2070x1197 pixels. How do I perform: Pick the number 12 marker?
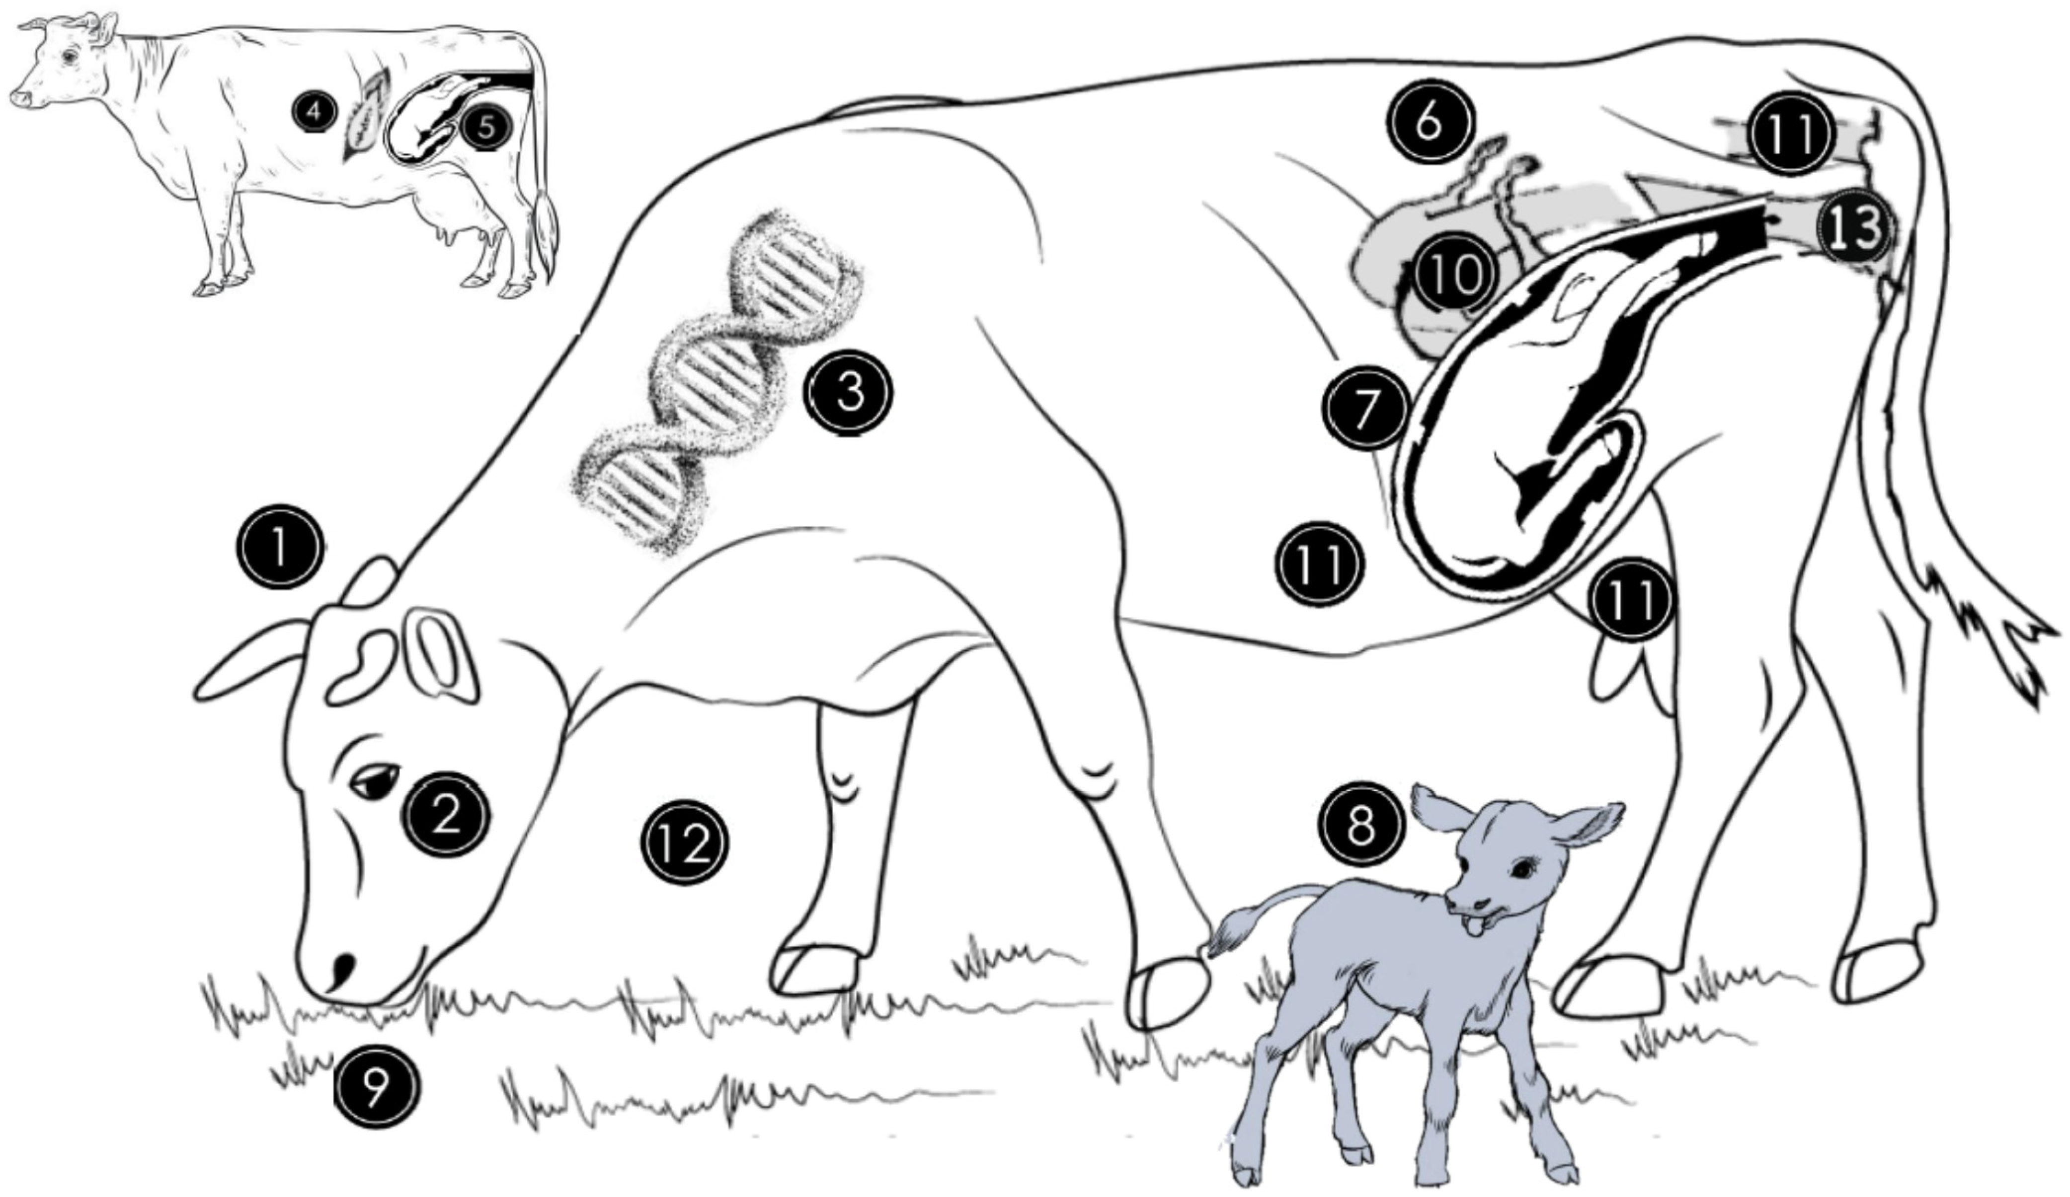684,843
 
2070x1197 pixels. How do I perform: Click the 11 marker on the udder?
1631,599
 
